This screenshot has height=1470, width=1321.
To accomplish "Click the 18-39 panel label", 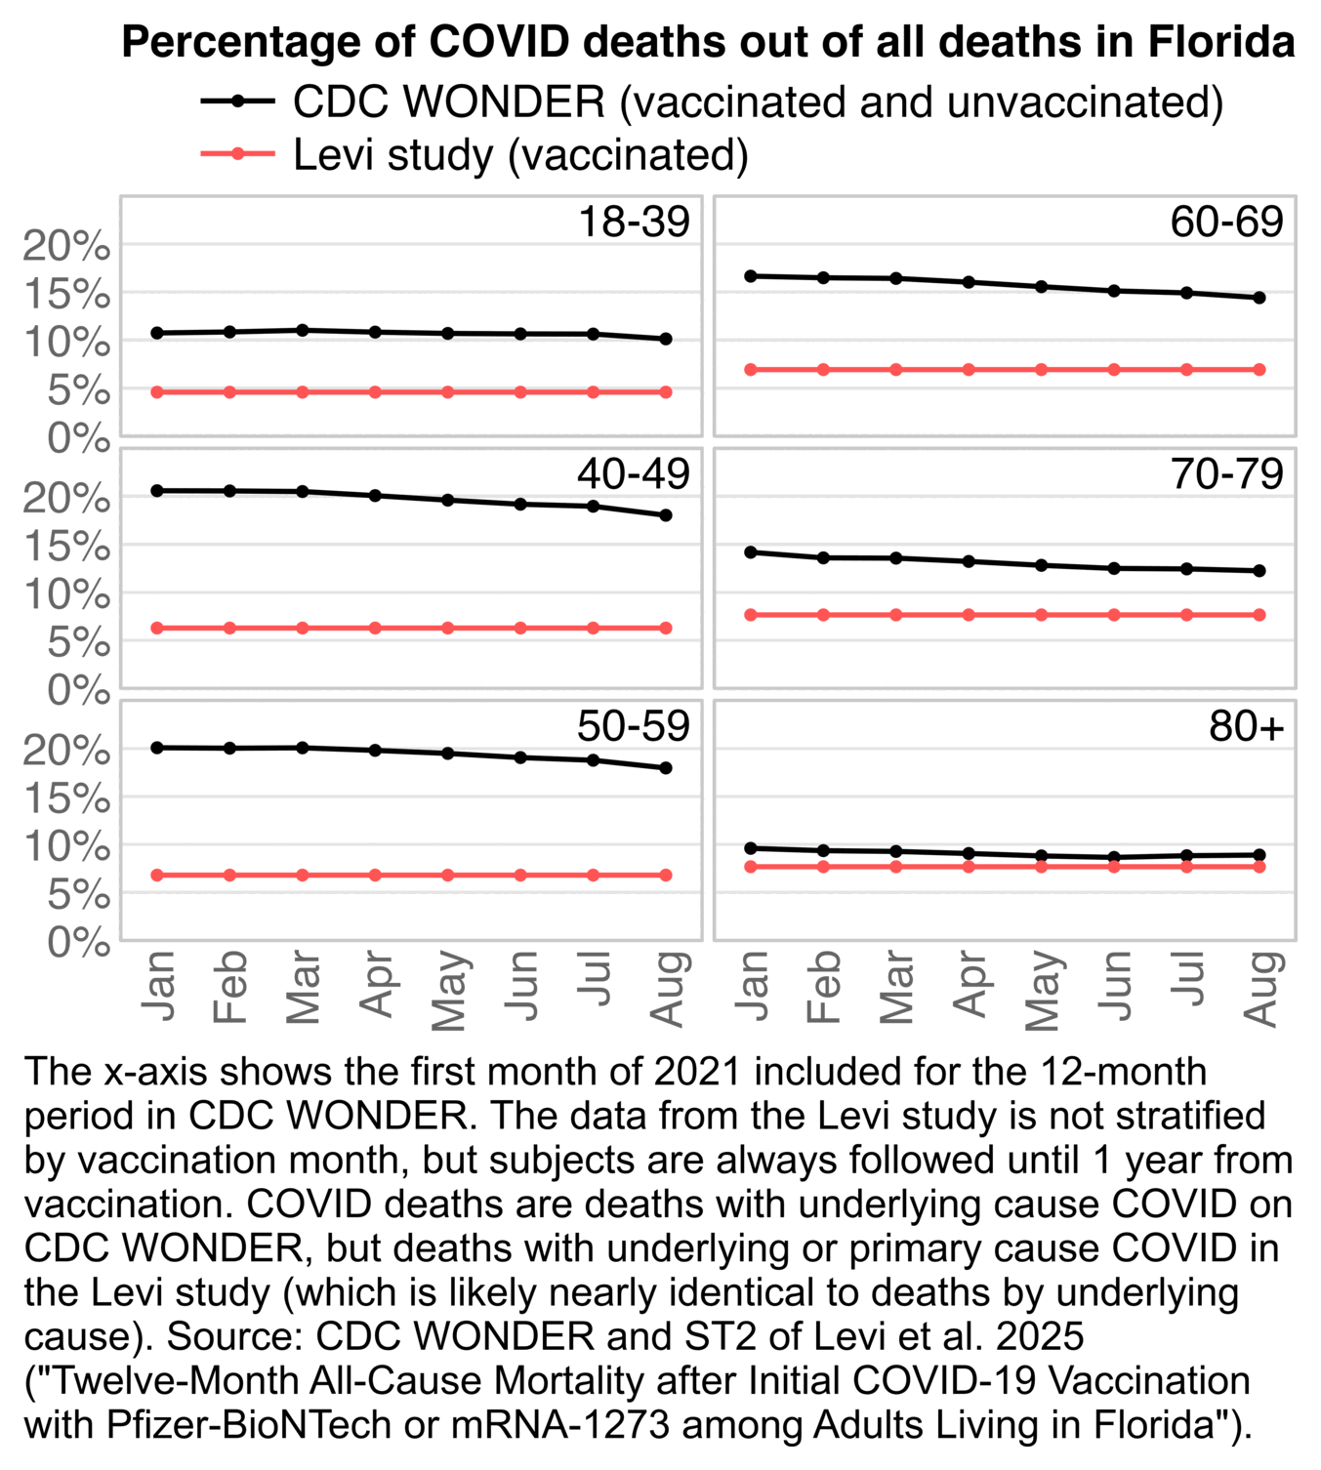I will pyautogui.click(x=634, y=223).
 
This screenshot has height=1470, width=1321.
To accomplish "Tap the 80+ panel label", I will pyautogui.click(x=1246, y=727).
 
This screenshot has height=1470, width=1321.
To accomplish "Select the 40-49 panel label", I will pyautogui.click(x=634, y=474).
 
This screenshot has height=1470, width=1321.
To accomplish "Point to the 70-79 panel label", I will pyautogui.click(x=1226, y=474).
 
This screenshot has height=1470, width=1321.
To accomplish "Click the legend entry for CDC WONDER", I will pyautogui.click(x=758, y=102).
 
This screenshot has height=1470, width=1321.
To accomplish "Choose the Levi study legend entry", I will pyautogui.click(x=520, y=155).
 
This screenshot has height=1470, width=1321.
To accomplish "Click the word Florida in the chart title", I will pyautogui.click(x=1220, y=42).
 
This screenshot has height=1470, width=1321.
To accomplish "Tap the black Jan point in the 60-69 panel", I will pyautogui.click(x=751, y=276).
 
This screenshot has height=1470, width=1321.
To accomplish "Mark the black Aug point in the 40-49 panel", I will pyautogui.click(x=666, y=515).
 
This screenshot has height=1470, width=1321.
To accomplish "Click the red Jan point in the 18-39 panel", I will pyautogui.click(x=157, y=392).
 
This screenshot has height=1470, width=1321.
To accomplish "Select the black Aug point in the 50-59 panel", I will pyautogui.click(x=666, y=768).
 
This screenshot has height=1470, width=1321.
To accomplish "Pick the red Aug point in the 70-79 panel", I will pyautogui.click(x=1259, y=615).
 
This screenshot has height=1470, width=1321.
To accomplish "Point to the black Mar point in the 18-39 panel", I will pyautogui.click(x=303, y=330).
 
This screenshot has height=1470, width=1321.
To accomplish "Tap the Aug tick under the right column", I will pyautogui.click(x=1261, y=988).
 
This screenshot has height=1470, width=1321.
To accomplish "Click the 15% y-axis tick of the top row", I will pyautogui.click(x=66, y=295).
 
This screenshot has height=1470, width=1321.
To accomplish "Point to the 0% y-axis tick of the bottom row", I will pyautogui.click(x=78, y=944).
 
